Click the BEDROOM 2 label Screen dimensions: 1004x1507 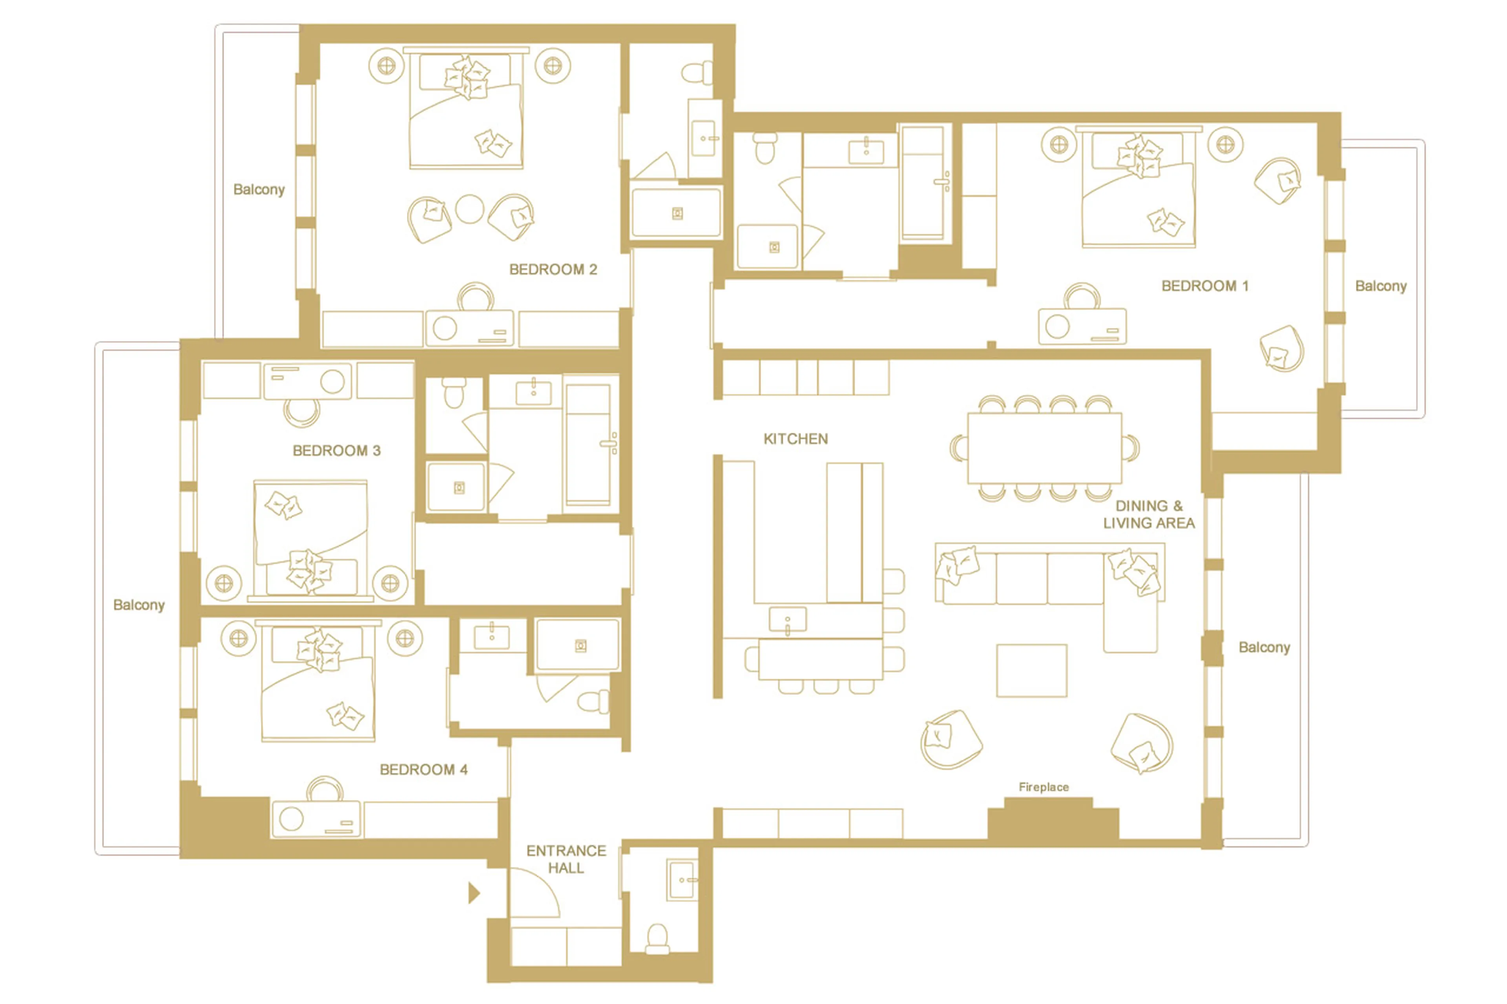coord(553,270)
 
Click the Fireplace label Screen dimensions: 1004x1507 coord(1043,787)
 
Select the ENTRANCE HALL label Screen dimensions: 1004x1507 coord(566,859)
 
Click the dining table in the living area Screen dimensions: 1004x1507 coord(1044,448)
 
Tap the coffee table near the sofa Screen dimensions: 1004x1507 coord(1031,671)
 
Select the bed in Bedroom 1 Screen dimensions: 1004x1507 coord(1138,192)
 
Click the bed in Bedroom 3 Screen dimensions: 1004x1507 coord(311,538)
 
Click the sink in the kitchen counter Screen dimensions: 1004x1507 coord(787,620)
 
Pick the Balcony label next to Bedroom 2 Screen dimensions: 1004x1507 coord(259,190)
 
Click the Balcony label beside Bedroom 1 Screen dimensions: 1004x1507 coord(1381,286)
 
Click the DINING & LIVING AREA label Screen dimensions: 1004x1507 coord(1148,515)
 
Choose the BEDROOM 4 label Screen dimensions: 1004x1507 coord(423,770)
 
